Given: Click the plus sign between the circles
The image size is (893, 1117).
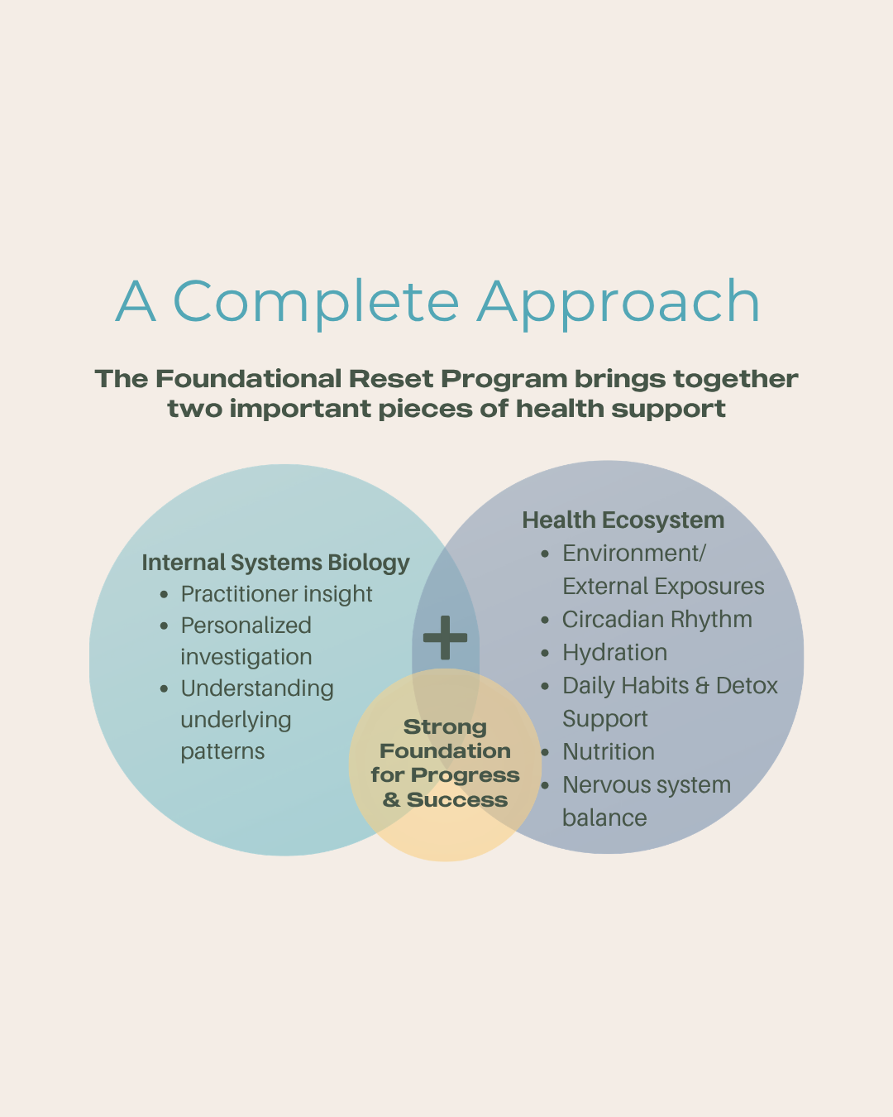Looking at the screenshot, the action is [445, 637].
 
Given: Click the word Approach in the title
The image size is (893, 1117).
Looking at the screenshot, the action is [618, 302].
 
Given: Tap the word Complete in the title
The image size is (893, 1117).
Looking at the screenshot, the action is [316, 302].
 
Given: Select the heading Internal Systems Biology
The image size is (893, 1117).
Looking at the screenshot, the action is [275, 563].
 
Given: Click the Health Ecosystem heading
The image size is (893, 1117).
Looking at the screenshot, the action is [623, 520].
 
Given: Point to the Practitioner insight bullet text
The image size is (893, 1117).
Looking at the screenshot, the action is [276, 594].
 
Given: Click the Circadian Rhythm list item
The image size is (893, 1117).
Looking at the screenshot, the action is [657, 619].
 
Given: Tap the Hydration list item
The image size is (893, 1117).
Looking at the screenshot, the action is [615, 653].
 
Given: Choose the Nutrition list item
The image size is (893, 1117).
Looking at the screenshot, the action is [609, 751].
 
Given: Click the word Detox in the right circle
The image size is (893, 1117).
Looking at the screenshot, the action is [747, 686].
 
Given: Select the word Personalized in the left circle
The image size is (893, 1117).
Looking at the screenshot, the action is [246, 626].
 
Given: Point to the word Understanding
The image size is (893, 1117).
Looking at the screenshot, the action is [257, 689].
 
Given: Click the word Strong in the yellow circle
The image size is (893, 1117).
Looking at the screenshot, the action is [445, 726].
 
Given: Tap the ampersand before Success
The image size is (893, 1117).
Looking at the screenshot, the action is [391, 800].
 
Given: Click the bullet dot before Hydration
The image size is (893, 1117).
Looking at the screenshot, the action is [544, 653].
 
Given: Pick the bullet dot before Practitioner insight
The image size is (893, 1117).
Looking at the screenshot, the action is [164, 595].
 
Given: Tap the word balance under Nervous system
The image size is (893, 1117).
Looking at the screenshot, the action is [604, 817].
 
